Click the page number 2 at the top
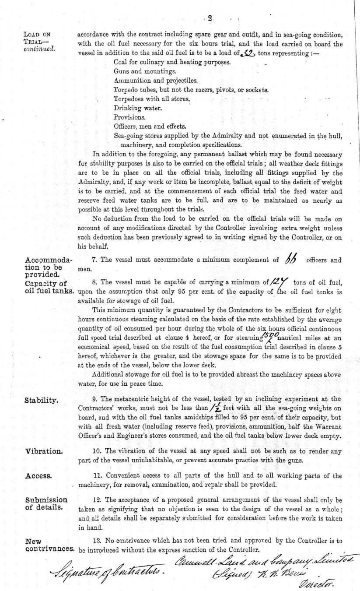coord(210,18)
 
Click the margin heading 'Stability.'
coord(40,400)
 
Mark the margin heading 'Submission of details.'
coord(46,503)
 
